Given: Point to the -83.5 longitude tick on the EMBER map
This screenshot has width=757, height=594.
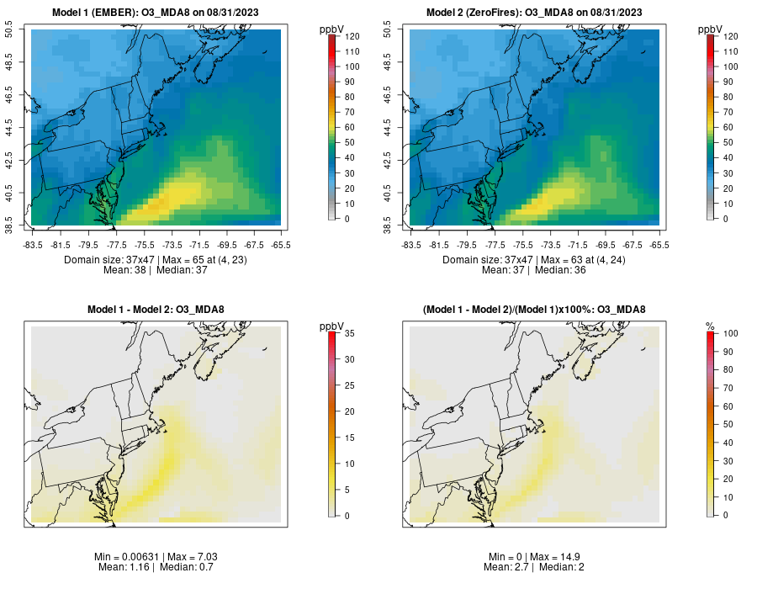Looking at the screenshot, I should tap(33, 245).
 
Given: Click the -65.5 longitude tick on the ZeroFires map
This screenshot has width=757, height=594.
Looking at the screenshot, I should tap(659, 245).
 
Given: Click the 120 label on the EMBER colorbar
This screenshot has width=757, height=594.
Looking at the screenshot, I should tap(352, 36).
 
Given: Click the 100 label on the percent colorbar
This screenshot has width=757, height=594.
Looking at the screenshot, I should tap(730, 334).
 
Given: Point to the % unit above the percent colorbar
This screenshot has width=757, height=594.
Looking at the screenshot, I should tap(710, 326).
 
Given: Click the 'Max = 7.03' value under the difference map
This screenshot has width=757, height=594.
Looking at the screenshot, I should tap(182, 557).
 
